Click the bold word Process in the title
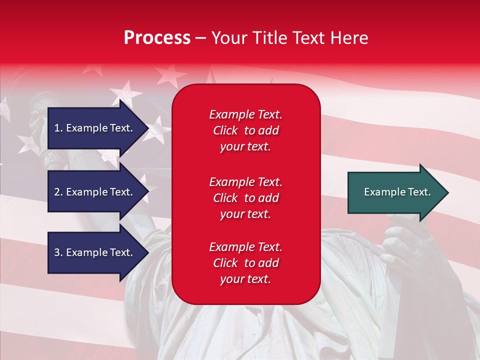tap(157, 38)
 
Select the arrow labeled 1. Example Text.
tap(95, 128)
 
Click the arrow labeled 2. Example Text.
tap(95, 192)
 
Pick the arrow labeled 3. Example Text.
tap(95, 252)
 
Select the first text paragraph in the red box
tap(245, 130)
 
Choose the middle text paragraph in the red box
tap(245, 198)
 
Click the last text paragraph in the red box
tap(245, 263)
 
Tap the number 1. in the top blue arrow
tap(58, 128)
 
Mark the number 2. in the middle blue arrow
tap(58, 192)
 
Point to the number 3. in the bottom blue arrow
tap(58, 252)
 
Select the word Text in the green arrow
tap(419, 192)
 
